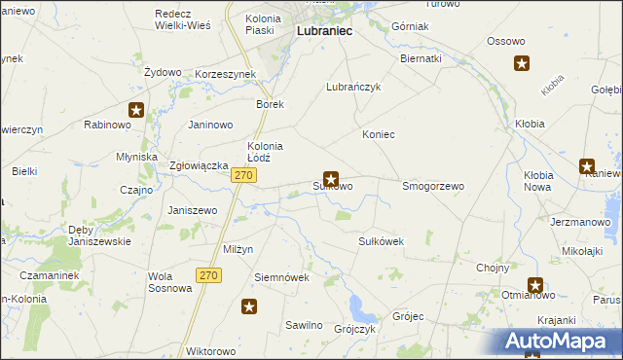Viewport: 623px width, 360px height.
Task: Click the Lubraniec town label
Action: tap(324, 31)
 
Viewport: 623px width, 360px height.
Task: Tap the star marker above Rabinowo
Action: tap(136, 110)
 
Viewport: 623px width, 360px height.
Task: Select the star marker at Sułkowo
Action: tap(332, 179)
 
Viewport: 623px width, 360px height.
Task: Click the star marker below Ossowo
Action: tap(522, 64)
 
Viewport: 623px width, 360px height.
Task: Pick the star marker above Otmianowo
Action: tap(535, 285)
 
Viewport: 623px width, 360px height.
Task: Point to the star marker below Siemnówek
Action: tap(249, 307)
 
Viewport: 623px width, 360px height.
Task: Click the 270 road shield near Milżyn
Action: tap(208, 275)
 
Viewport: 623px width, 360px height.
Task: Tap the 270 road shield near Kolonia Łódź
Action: tap(243, 175)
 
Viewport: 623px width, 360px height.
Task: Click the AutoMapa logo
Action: tap(560, 342)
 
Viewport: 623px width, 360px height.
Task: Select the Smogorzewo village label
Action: tap(433, 185)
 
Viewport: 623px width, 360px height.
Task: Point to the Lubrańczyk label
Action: tap(352, 86)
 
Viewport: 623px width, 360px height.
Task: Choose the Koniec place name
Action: tap(379, 134)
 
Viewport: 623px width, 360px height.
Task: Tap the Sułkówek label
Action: tap(382, 240)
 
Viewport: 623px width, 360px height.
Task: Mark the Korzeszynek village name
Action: tap(225, 73)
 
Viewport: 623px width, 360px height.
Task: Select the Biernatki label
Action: tap(421, 58)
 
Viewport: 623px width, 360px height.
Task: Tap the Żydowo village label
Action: tap(163, 72)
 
